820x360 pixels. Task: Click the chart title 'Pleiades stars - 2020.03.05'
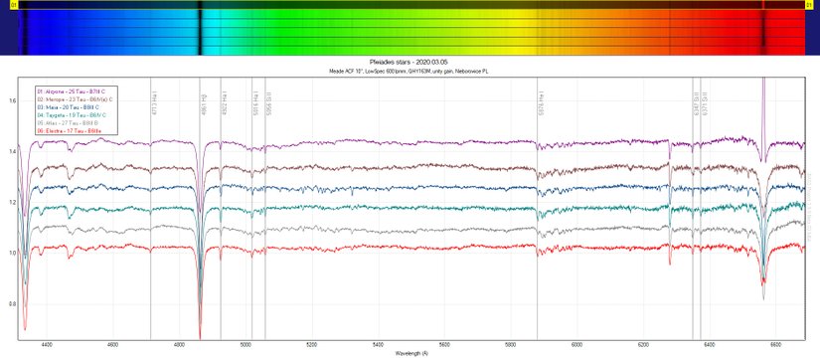[410, 62]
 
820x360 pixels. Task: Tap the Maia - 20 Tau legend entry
[70, 108]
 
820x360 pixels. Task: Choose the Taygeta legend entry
[72, 115]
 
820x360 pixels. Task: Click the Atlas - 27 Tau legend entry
[69, 123]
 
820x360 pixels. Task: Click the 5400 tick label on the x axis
[379, 345]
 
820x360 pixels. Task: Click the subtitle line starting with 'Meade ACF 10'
[410, 71]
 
